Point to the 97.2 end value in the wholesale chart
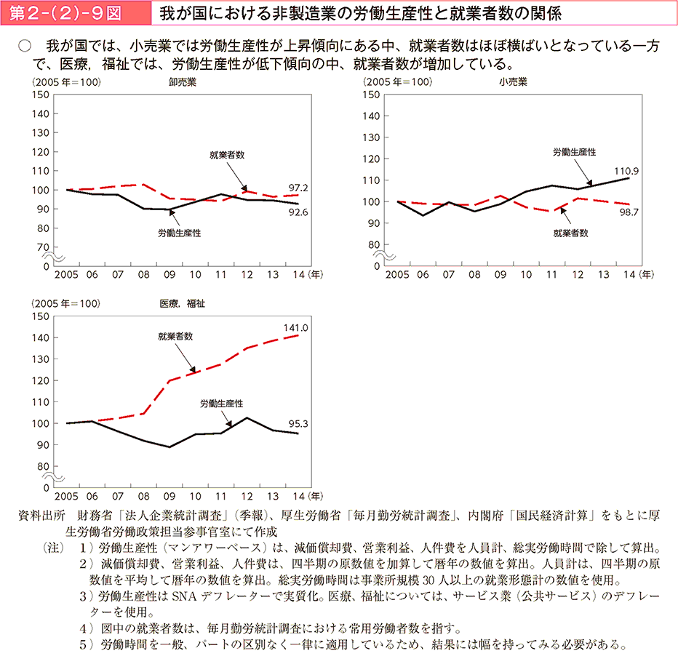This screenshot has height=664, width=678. coord(298,188)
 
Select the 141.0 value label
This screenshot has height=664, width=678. coord(296,328)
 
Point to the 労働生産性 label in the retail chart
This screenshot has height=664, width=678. coord(574,152)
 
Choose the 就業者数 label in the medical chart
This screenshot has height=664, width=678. coord(175,337)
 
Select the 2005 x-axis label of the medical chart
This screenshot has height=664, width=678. coord(66,497)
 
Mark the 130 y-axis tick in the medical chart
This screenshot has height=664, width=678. coord(41,359)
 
